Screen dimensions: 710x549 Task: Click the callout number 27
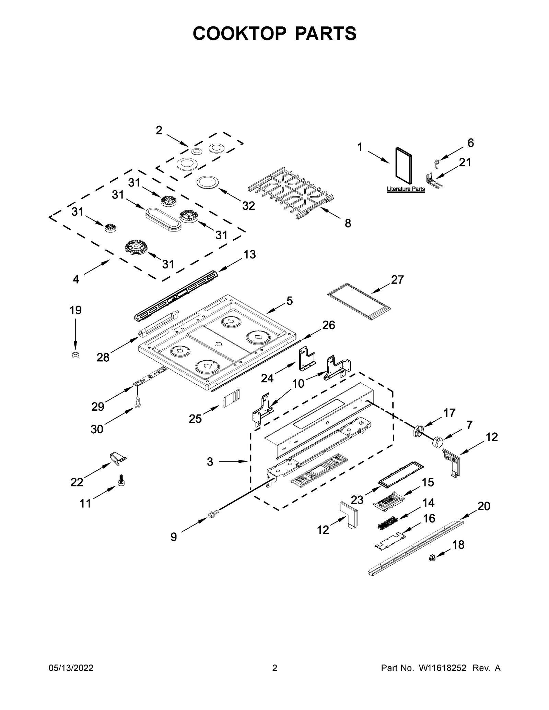click(397, 280)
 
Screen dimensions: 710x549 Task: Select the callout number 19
click(75, 310)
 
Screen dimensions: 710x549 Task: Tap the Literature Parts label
click(406, 189)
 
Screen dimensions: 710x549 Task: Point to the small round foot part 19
click(75, 355)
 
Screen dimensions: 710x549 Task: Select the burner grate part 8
click(290, 192)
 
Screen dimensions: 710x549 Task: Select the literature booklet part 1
click(404, 164)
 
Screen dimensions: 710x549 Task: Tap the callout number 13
click(250, 254)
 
